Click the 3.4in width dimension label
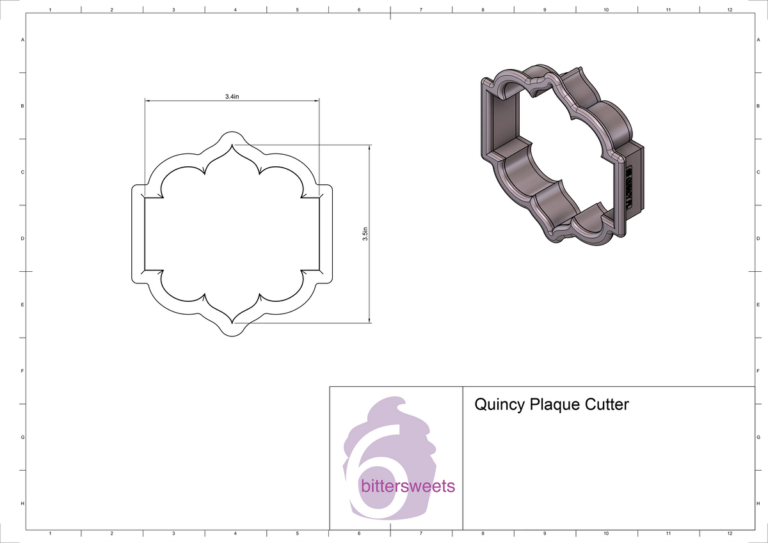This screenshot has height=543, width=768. point(232,97)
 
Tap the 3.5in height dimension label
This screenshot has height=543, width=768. point(364,233)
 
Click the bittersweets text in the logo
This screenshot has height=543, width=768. point(408,487)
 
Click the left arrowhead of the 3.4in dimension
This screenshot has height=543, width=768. point(147,101)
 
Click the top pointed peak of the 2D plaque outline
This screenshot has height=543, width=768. point(232,145)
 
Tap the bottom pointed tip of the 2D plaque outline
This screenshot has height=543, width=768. point(232,322)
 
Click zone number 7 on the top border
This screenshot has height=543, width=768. point(420,10)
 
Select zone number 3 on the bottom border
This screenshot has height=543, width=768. point(173,533)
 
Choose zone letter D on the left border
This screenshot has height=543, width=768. point(22,239)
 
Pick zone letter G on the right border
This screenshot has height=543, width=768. point(758,437)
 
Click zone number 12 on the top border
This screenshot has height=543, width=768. point(730,10)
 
